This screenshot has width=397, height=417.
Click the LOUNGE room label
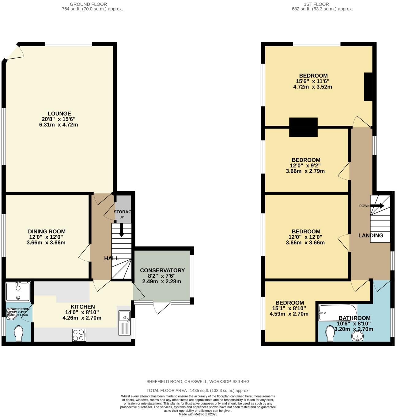click(59, 113)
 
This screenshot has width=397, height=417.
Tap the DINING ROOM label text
click(47, 231)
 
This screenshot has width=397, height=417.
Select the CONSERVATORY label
click(162, 270)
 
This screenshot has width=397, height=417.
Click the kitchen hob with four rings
click(79, 335)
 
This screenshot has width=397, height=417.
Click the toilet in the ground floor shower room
click(18, 333)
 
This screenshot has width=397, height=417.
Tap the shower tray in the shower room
click(18, 291)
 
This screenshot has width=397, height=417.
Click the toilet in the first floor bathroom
click(330, 333)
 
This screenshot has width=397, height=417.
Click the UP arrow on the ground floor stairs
click(122, 230)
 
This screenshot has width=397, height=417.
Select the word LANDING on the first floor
click(371, 235)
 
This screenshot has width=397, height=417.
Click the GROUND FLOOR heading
click(88, 4)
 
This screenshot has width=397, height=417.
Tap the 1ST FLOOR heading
click(316, 4)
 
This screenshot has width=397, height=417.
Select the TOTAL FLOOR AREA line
click(198, 390)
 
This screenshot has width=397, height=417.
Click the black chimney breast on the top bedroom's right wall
click(368, 87)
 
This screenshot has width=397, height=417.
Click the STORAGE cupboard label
click(123, 212)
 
